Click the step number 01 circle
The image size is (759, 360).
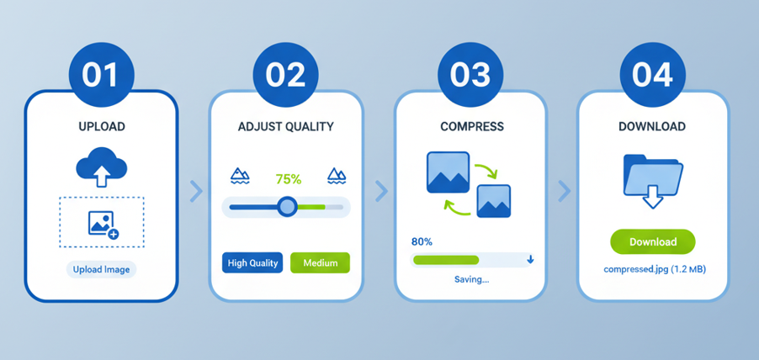[101, 75]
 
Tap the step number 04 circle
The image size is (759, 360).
[652, 75]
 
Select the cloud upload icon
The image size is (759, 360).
[101, 166]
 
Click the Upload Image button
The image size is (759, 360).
[101, 269]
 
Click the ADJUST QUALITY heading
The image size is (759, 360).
[285, 127]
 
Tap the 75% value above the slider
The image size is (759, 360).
[288, 179]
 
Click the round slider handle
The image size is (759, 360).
[288, 207]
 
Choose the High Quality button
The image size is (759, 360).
[252, 262]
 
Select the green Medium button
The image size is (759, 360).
[320, 262]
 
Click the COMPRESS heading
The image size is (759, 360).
[472, 127]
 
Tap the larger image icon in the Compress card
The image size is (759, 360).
[448, 172]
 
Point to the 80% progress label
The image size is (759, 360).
[421, 242]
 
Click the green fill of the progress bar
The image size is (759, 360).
[445, 260]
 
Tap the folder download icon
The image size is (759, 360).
[652, 181]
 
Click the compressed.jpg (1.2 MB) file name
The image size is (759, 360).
[655, 269]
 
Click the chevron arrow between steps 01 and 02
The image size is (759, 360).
[196, 191]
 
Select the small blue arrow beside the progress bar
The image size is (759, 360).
[530, 260]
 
